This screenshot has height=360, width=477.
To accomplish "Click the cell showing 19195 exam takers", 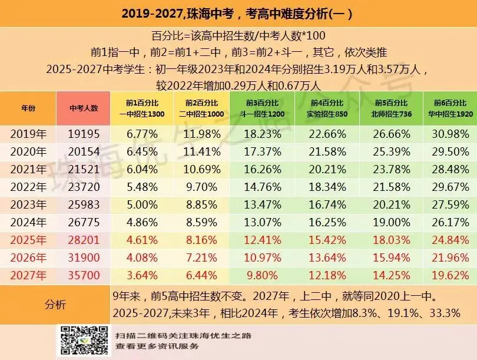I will click(x=84, y=134).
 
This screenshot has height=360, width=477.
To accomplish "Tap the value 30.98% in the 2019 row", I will click(x=450, y=134).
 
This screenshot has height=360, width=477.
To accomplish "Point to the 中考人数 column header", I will click(x=84, y=108).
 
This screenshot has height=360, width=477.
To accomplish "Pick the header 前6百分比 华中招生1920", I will click(x=450, y=108).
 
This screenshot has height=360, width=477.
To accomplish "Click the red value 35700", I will click(x=84, y=276).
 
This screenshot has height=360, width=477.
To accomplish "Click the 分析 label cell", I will click(x=55, y=305).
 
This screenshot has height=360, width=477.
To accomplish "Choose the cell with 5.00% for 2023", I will click(x=142, y=205).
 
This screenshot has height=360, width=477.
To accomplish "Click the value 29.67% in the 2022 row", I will click(x=450, y=187).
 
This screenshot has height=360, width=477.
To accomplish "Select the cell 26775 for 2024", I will click(x=84, y=223).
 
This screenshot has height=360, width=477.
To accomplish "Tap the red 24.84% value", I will click(x=450, y=240).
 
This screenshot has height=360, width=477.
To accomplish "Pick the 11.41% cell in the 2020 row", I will click(x=200, y=151).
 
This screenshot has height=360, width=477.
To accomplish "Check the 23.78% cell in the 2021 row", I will click(x=391, y=170).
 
